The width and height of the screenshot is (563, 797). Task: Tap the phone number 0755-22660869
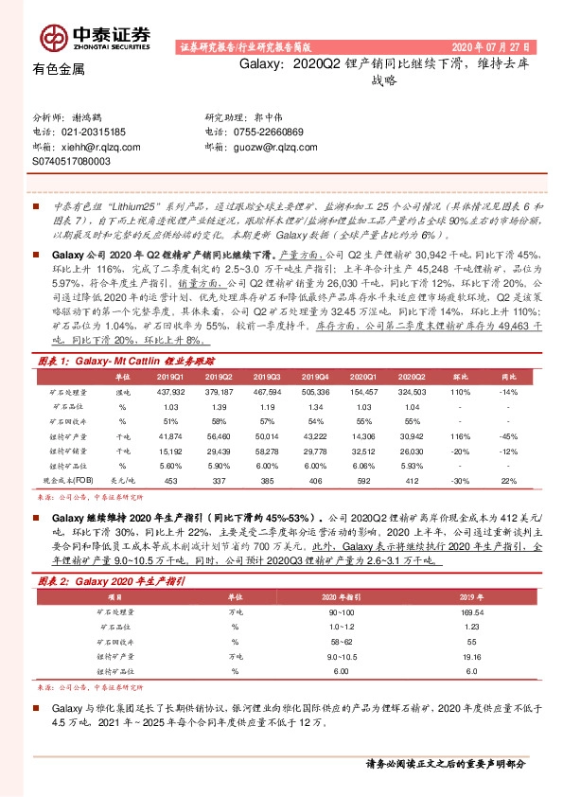(269, 133)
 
